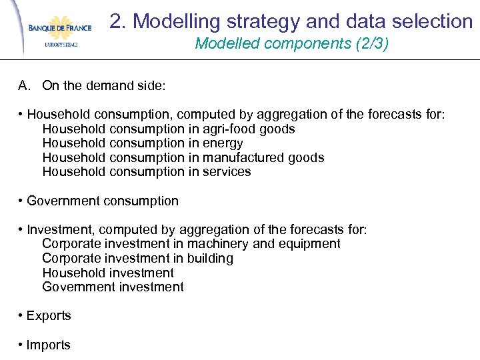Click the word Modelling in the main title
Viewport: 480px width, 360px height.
coord(175,21)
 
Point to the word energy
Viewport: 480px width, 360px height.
coord(223,143)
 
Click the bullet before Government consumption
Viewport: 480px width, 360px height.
coord(22,201)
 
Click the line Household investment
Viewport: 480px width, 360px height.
coord(107,273)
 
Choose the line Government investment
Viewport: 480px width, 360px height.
coord(113,287)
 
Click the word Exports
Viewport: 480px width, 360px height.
coord(49,316)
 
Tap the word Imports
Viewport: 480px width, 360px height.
coord(48,345)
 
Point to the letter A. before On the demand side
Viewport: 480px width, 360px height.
coord(25,85)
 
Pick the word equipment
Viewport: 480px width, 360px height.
coord(312,244)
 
